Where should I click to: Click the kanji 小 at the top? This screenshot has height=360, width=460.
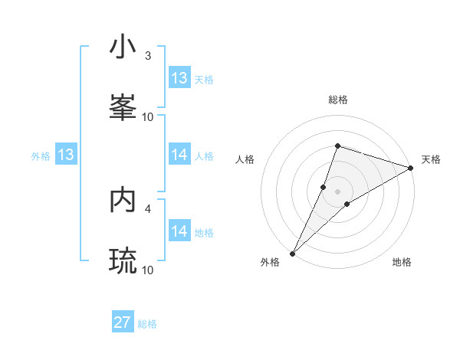[123, 47]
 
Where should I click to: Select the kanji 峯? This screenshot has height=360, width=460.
[123, 106]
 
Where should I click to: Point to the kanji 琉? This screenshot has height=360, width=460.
[123, 261]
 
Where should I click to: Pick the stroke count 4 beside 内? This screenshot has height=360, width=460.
[148, 208]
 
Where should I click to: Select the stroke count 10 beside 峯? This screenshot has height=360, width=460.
[148, 116]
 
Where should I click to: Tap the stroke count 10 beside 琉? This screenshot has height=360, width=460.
[148, 270]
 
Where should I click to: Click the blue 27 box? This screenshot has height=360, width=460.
[123, 322]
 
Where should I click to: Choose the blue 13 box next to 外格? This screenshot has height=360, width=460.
[66, 155]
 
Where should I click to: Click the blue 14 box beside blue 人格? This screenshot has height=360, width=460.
[179, 155]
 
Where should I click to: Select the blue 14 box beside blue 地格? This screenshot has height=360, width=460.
[179, 231]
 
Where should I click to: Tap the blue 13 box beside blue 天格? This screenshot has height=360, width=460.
[179, 78]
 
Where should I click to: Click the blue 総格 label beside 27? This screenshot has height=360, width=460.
[147, 324]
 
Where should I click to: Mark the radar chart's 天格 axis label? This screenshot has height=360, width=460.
[431, 159]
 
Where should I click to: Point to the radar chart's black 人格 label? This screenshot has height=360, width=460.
[245, 159]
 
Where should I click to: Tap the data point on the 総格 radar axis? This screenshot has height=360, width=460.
[337, 146]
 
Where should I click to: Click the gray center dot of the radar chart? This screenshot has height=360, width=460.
[337, 191]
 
